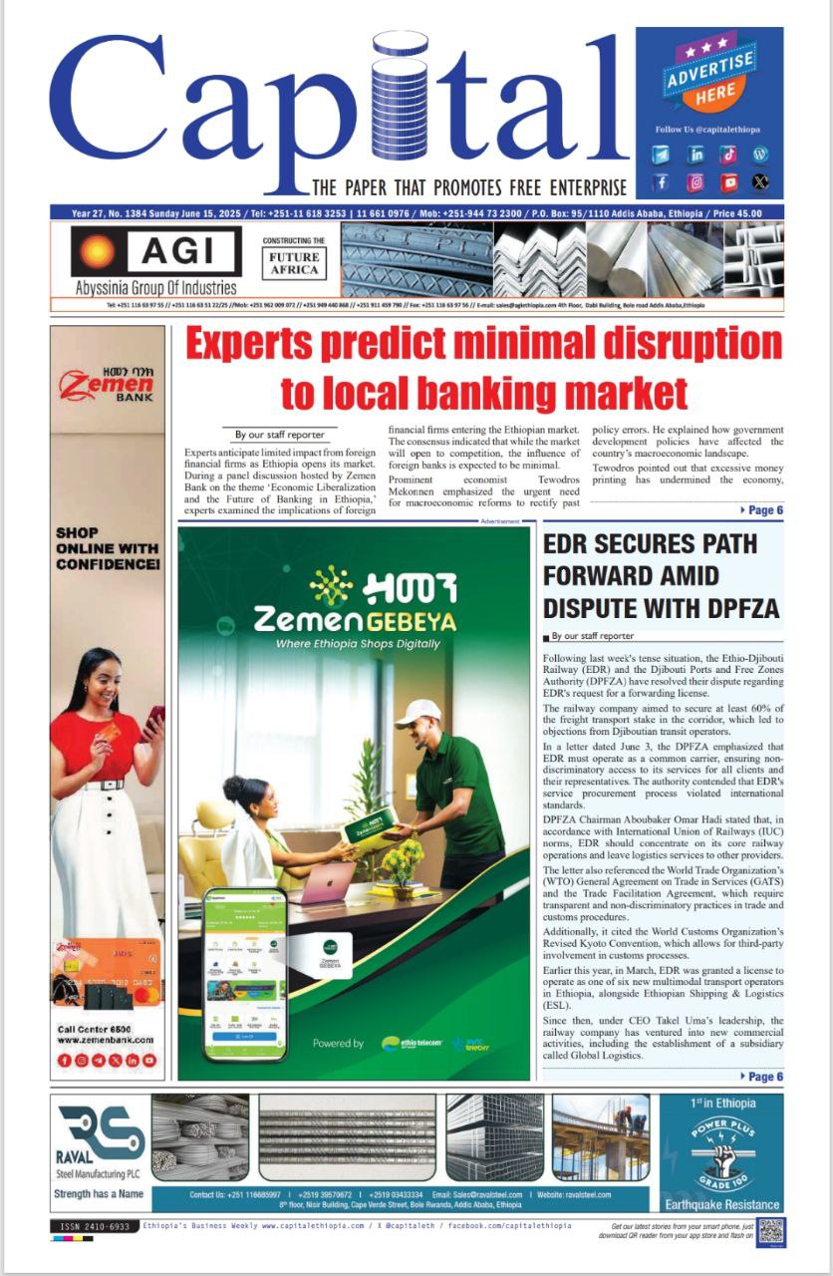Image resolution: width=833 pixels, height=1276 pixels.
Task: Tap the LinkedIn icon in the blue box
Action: (x=696, y=156)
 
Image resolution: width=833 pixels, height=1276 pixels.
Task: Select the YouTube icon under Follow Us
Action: (x=729, y=182)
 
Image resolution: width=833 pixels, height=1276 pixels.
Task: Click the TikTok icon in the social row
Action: (x=729, y=156)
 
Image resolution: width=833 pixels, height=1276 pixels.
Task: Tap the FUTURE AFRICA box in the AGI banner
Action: (x=293, y=264)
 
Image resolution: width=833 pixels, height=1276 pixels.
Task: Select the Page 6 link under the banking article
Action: (x=761, y=509)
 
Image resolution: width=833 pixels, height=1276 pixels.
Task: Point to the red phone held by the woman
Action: (x=155, y=716)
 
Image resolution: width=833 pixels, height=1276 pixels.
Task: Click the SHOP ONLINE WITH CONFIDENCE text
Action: (x=107, y=549)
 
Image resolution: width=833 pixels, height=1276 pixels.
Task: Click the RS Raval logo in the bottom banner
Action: (x=100, y=1135)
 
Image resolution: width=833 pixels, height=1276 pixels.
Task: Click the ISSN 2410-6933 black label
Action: (x=93, y=1226)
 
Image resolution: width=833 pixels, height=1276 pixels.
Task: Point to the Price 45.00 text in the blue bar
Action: (x=734, y=212)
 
